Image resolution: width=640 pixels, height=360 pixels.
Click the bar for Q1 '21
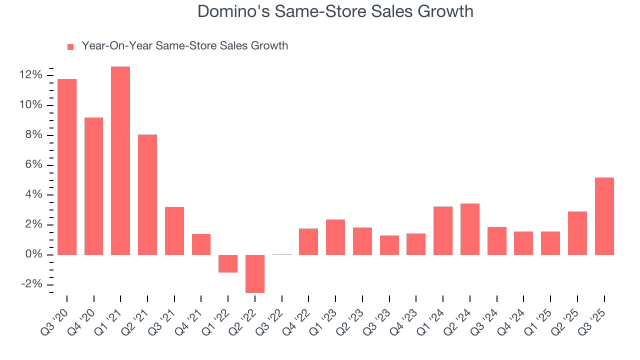pyautogui.click(x=120, y=160)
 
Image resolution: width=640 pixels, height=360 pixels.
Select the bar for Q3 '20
pyautogui.click(x=67, y=167)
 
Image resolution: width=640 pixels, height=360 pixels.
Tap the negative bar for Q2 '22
pyautogui.click(x=255, y=273)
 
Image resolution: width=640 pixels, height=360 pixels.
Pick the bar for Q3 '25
pyautogui.click(x=604, y=216)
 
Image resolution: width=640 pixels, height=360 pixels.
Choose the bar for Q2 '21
pyautogui.click(x=147, y=194)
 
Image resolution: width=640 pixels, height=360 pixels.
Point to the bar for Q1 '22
pyautogui.click(x=228, y=263)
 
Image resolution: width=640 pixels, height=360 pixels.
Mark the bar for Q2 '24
pyautogui.click(x=470, y=229)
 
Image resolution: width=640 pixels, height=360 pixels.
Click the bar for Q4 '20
pyautogui.click(x=94, y=186)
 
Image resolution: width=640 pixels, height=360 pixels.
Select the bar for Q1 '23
pyautogui.click(x=335, y=237)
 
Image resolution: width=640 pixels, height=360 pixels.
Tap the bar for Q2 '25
pyautogui.click(x=577, y=233)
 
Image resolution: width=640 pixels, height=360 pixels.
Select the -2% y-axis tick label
pyautogui.click(x=31, y=284)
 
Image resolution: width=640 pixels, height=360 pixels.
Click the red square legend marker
pyautogui.click(x=70, y=47)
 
